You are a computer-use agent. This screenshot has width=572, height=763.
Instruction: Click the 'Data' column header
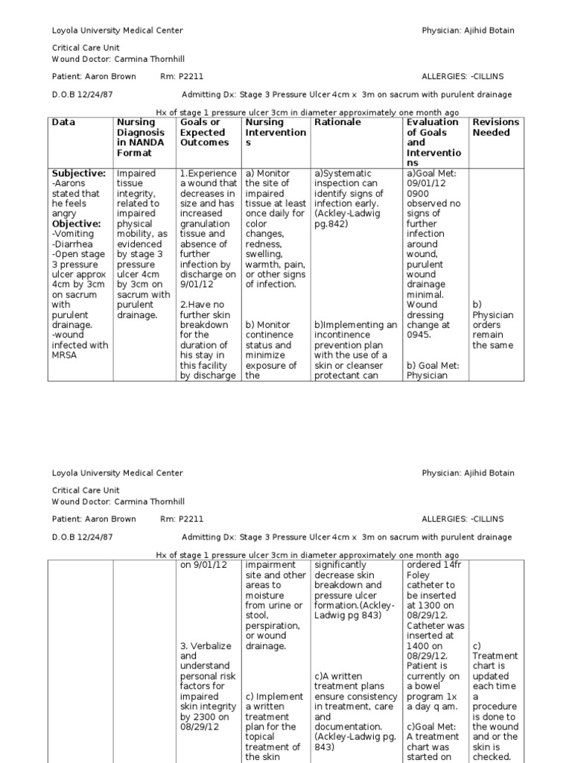pyautogui.click(x=63, y=122)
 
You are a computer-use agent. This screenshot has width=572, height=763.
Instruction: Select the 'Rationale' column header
pyautogui.click(x=337, y=122)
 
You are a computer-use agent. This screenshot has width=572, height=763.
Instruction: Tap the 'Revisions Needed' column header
pyautogui.click(x=496, y=127)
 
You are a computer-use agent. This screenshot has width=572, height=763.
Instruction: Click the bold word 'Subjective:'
pyautogui.click(x=78, y=174)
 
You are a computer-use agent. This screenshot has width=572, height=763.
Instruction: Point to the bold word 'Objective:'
pyautogui.click(x=76, y=224)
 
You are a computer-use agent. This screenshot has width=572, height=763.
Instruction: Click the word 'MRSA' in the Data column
pyautogui.click(x=65, y=355)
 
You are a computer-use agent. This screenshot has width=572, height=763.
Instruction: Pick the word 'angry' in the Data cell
pyautogui.click(x=65, y=214)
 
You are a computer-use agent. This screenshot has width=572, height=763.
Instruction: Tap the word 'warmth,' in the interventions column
pyautogui.click(x=263, y=264)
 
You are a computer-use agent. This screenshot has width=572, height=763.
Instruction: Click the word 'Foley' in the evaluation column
pyautogui.click(x=420, y=574)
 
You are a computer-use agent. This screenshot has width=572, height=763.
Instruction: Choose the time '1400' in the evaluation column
pyautogui.click(x=419, y=636)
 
